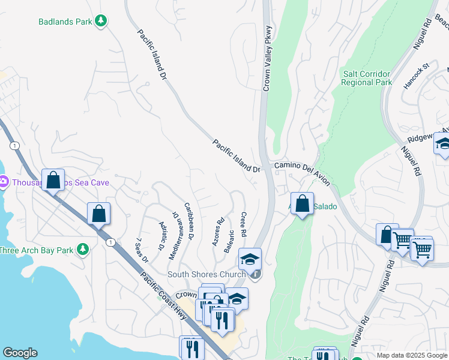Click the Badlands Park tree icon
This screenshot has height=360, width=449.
[x=101, y=21]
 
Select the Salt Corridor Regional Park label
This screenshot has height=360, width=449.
[x=367, y=78]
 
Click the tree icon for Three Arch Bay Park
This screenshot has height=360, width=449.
[x=82, y=249]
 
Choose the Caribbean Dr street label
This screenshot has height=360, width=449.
[x=189, y=221]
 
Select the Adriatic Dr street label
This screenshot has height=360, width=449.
[x=161, y=235]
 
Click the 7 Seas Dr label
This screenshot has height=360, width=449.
[x=142, y=250]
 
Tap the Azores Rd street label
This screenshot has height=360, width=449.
[x=217, y=231]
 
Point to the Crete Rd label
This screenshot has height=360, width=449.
[x=244, y=224]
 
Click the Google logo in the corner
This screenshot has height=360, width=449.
[x=20, y=353]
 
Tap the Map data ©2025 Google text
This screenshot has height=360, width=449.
[x=412, y=355]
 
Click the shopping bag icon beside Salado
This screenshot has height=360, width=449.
[x=303, y=203]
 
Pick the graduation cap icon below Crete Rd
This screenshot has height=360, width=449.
[x=250, y=259]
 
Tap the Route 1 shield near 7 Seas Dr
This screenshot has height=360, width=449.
[x=110, y=242]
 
